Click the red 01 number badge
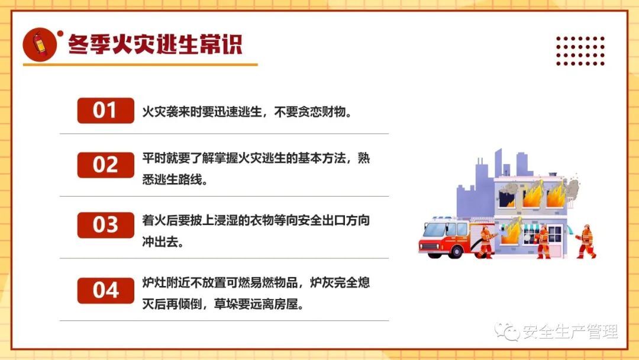tap(105, 111)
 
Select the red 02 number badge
tap(105, 165)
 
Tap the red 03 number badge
tap(105, 224)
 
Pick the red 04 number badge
tap(105, 290)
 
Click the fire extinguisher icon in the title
tap(40, 44)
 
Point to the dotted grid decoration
tap(580, 51)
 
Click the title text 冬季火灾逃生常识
tap(155, 44)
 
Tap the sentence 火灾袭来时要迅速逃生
tap(202, 112)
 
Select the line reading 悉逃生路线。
tap(175, 179)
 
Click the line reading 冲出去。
tap(163, 242)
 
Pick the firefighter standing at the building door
tap(543, 242)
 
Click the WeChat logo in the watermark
tap(506, 332)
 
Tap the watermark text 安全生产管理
tap(570, 332)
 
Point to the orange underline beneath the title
tap(140, 65)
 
